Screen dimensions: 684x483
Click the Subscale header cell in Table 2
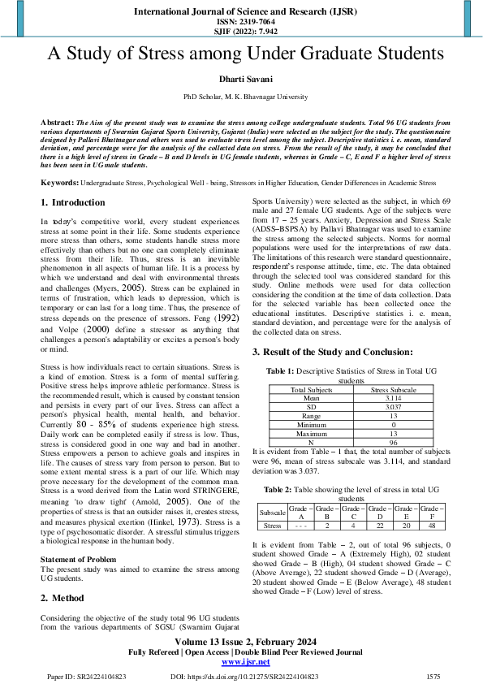pyautogui.click(x=271, y=513)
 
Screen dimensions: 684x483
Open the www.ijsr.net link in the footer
pyautogui.click(x=240, y=662)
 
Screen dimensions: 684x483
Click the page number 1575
pyautogui.click(x=433, y=676)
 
